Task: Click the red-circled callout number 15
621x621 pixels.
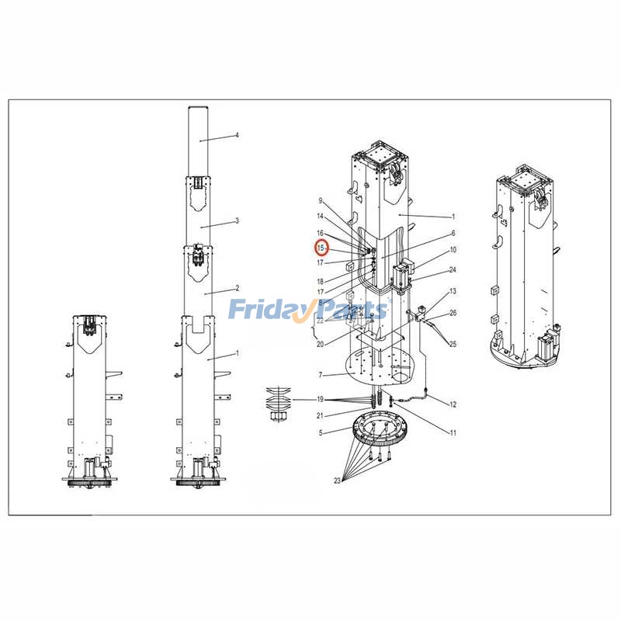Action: coord(321,248)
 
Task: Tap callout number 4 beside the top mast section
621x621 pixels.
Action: coord(238,135)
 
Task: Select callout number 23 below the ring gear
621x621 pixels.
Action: coord(337,480)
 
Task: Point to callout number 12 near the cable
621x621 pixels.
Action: coord(453,404)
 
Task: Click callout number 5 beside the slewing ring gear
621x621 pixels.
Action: coord(321,433)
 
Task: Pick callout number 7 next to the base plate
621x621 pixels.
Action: coord(321,375)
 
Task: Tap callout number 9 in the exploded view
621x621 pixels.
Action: coord(321,201)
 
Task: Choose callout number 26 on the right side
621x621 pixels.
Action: coord(453,313)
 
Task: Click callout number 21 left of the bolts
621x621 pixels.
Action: coord(320,415)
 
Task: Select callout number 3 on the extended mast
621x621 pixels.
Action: coord(238,220)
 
